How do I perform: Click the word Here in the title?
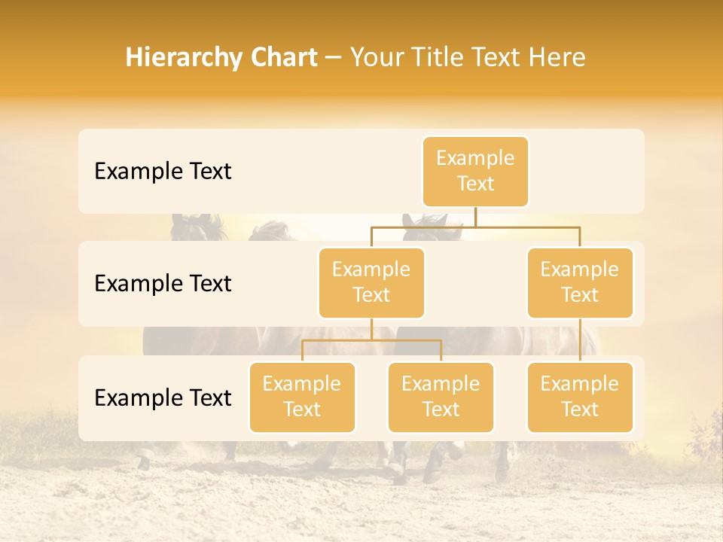point(557,57)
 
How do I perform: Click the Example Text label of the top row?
point(163,172)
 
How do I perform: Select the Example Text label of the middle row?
point(163,284)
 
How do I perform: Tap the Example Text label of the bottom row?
point(163,398)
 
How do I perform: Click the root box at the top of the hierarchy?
point(475,171)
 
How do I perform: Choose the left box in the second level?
point(371,282)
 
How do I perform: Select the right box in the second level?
point(580,282)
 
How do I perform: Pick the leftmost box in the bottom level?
point(302,397)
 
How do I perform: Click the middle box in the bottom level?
point(441,397)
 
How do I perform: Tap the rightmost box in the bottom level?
point(580,397)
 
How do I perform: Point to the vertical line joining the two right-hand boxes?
point(580,340)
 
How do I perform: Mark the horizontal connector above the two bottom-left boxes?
point(371,340)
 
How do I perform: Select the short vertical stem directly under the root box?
point(475,217)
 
